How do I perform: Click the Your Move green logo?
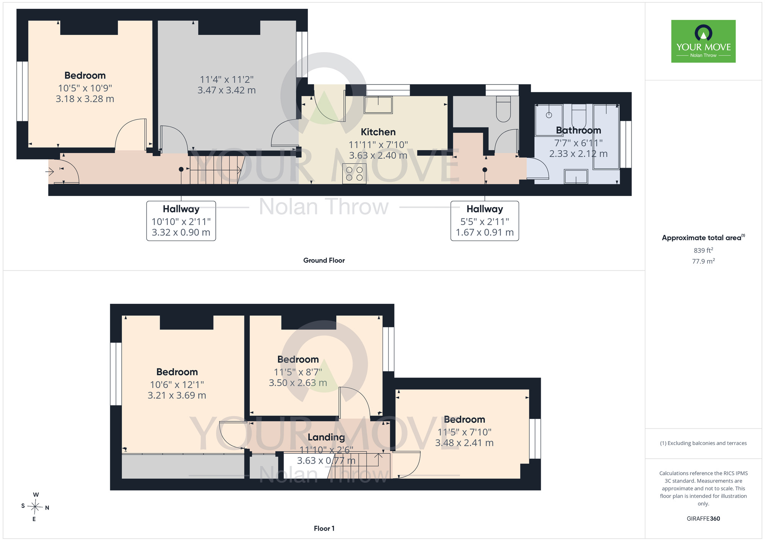pyautogui.click(x=703, y=41)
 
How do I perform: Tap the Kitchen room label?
pyautogui.click(x=378, y=132)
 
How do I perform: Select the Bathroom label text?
pyautogui.click(x=578, y=130)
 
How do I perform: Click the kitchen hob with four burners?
pyautogui.click(x=354, y=174)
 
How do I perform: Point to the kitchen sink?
pyautogui.click(x=378, y=105)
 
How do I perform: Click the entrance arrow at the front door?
pyautogui.click(x=50, y=171)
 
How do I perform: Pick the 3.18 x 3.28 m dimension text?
pyautogui.click(x=85, y=99)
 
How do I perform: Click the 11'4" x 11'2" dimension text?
pyautogui.click(x=227, y=80)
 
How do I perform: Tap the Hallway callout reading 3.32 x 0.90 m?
pyautogui.click(x=181, y=221)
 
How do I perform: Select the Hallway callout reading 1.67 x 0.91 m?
pyautogui.click(x=485, y=221)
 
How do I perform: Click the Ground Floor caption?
pyautogui.click(x=324, y=260)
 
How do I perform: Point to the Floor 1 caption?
pyautogui.click(x=324, y=528)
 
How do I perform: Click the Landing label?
pyautogui.click(x=326, y=437)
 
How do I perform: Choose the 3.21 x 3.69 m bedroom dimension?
pyautogui.click(x=177, y=396)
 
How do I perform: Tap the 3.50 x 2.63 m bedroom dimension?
pyautogui.click(x=298, y=383)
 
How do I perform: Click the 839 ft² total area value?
pyautogui.click(x=703, y=250)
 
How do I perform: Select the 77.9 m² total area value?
pyautogui.click(x=703, y=261)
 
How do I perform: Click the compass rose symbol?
pyautogui.click(x=35, y=507)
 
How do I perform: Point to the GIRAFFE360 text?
pyautogui.click(x=703, y=519)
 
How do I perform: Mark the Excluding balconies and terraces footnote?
pyautogui.click(x=703, y=443)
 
